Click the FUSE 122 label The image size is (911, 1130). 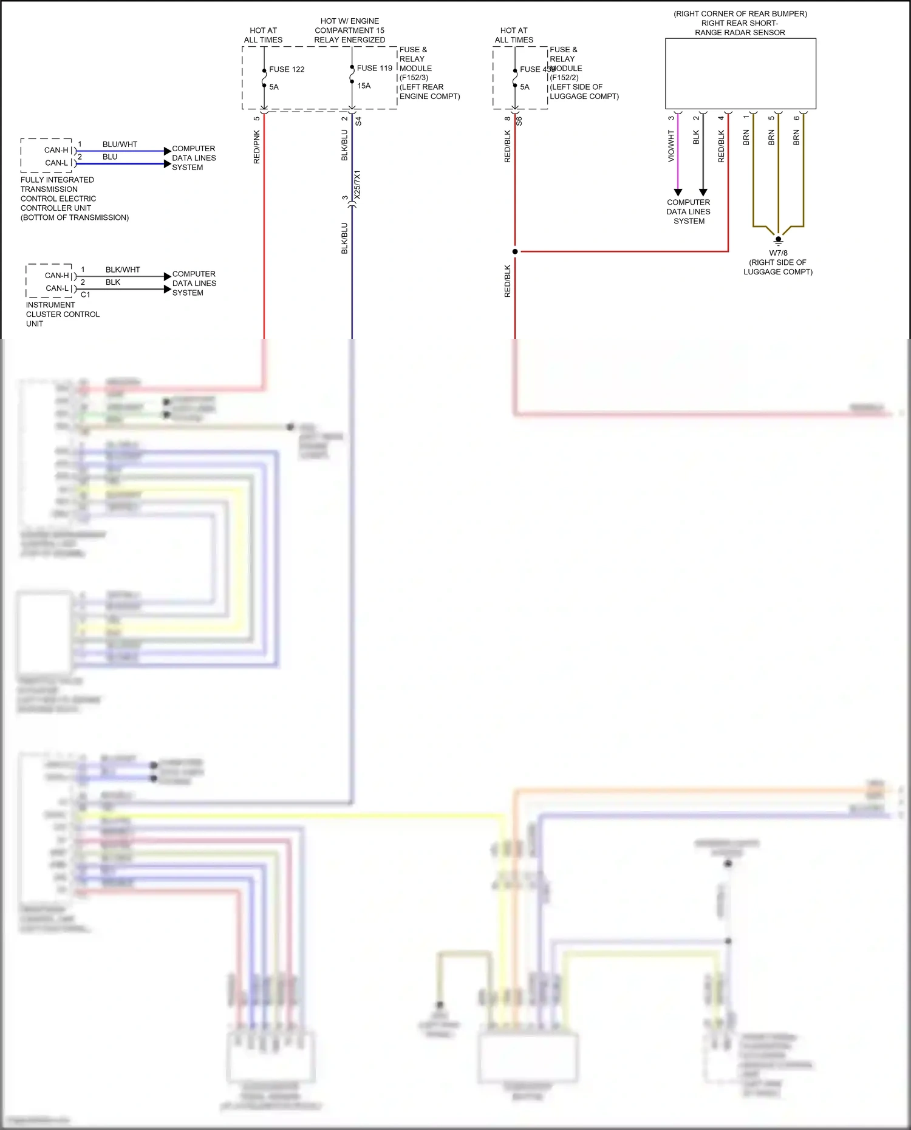[287, 69]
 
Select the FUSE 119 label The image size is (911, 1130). [374, 68]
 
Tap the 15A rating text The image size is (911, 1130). [364, 86]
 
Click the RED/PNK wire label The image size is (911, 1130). [256, 146]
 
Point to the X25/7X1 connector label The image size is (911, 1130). [358, 185]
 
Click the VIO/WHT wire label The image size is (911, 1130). [671, 146]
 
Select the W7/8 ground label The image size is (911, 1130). [778, 253]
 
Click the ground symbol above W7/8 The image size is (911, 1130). [778, 240]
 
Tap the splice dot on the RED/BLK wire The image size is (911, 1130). [515, 251]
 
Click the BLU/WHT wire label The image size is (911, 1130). [120, 145]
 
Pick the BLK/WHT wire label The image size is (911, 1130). [123, 270]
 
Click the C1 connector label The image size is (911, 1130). [86, 294]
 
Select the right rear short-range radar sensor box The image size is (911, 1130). [740, 73]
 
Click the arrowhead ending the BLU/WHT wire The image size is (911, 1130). [168, 151]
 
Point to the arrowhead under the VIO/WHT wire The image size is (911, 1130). [678, 192]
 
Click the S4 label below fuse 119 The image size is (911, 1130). [358, 121]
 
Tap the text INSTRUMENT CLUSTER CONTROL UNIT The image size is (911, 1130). [62, 314]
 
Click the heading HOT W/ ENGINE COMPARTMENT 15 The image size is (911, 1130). [349, 26]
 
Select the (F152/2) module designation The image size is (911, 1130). [564, 78]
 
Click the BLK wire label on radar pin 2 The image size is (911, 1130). [696, 137]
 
